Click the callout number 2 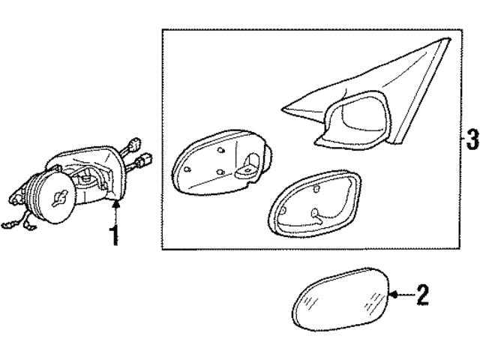tap(422, 295)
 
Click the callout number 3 tap(471, 139)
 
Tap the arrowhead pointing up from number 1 tap(115, 204)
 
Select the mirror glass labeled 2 tap(341, 301)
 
